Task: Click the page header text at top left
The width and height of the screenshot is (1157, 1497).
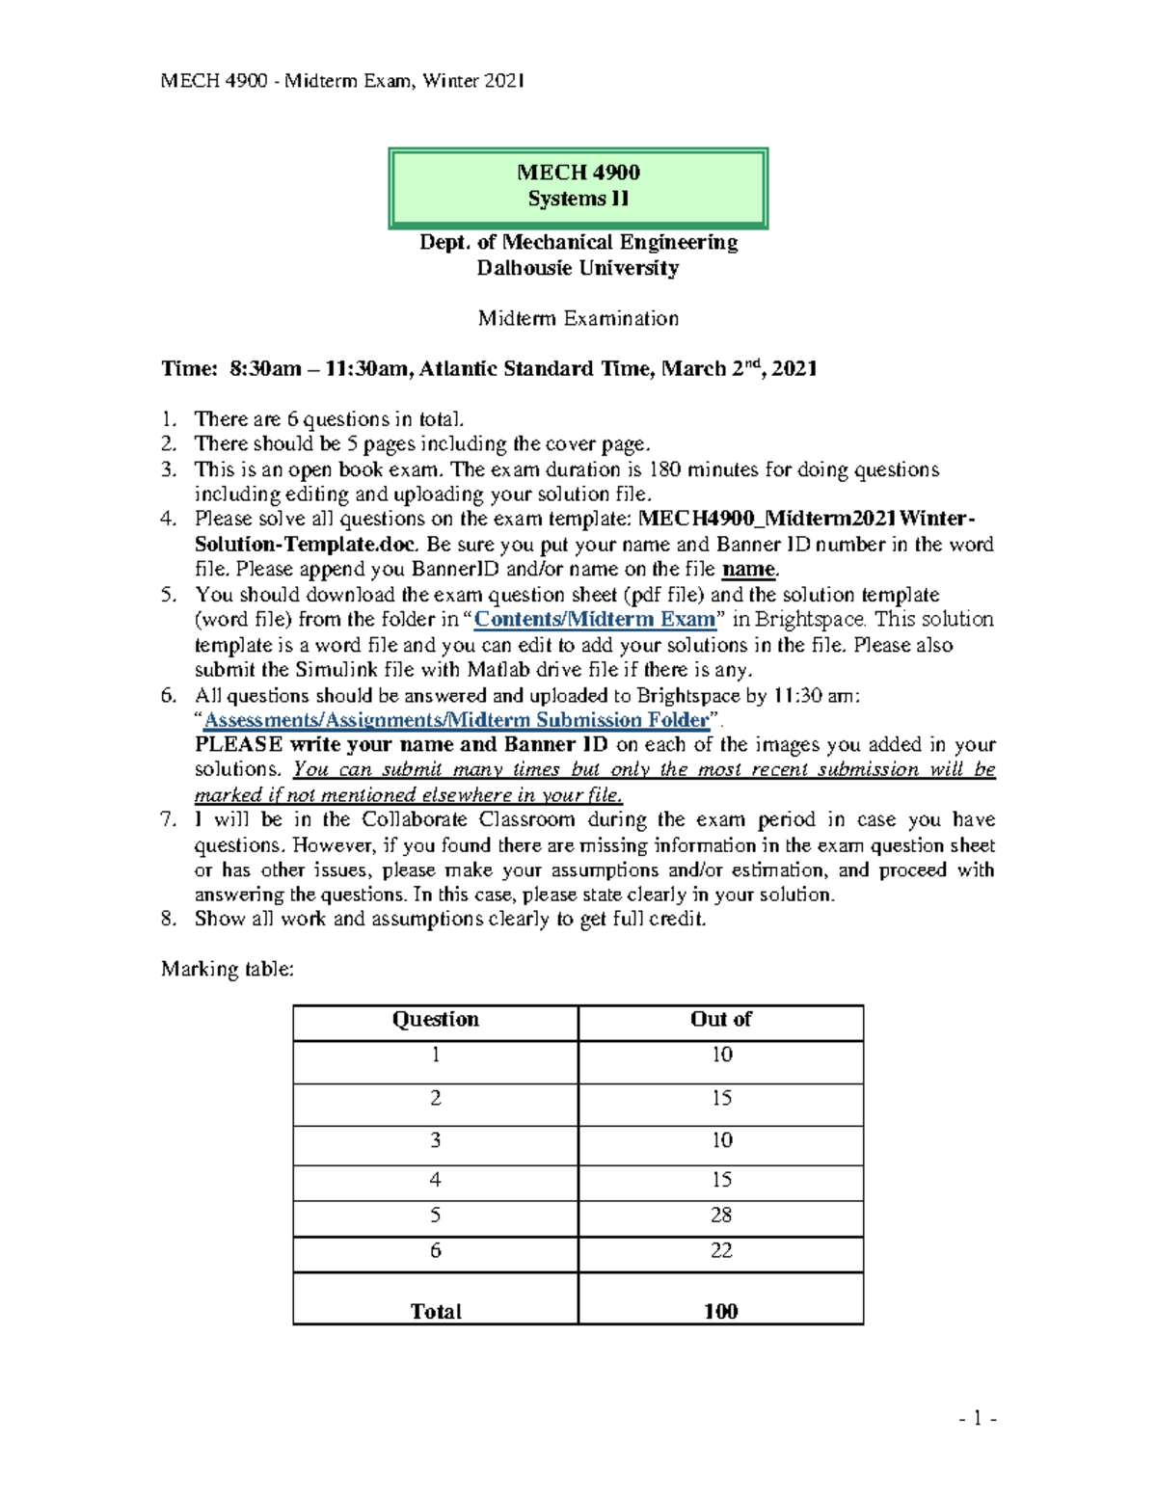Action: pos(342,81)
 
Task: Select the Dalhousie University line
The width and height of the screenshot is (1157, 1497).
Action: pos(578,268)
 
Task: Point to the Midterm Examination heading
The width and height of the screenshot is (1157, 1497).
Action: pos(578,318)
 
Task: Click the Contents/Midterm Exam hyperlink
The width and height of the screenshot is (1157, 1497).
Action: pos(595,620)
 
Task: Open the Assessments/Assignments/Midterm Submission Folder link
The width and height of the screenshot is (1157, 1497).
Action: pos(456,720)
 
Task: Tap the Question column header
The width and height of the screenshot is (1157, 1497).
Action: pos(435,1020)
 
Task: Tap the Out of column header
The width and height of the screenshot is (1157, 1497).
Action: pos(720,1020)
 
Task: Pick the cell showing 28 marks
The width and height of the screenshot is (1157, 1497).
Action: pos(720,1216)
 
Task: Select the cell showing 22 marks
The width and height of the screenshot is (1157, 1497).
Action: pos(720,1251)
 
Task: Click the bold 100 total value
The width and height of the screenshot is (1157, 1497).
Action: pos(720,1311)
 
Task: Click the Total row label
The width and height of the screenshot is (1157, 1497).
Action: pos(435,1311)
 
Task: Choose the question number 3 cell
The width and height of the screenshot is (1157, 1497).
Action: pos(435,1141)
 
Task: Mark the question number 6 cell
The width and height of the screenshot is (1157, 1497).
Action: pos(435,1251)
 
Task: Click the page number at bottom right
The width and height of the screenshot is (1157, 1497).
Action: pos(978,1418)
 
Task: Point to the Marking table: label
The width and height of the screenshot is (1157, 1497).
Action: pos(227,969)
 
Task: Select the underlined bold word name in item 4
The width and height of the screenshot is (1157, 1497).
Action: pos(748,570)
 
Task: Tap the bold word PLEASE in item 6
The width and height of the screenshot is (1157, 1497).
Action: pos(238,745)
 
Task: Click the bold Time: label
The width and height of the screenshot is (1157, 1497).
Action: pos(189,369)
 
